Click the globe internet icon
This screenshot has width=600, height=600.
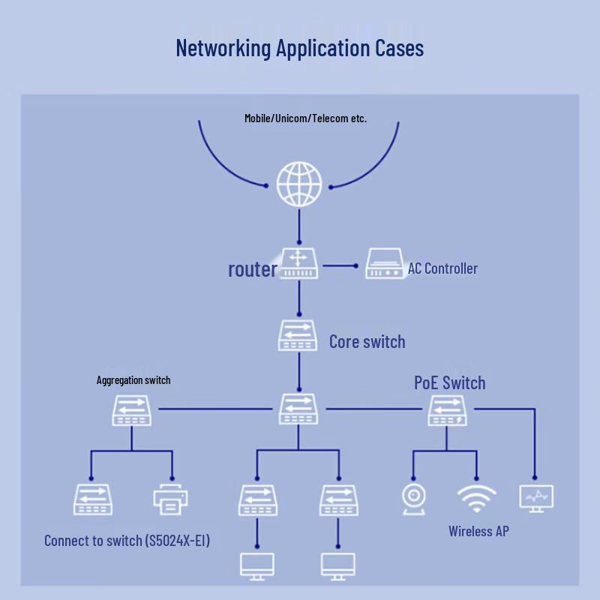point(299,184)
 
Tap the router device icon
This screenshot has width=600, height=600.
point(298,263)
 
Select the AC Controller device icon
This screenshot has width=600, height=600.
point(385,263)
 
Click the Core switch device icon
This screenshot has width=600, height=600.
point(298,335)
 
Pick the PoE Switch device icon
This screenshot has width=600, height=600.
point(447,410)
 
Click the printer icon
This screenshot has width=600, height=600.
point(171,499)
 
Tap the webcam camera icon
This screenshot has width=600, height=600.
point(414,499)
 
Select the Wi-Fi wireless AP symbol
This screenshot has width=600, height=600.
point(476,499)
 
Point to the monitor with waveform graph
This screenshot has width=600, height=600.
point(536,499)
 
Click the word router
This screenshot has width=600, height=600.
point(253,269)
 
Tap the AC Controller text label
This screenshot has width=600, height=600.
point(442,268)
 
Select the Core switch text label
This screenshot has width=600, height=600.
point(367,342)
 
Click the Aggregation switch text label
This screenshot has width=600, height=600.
point(133,380)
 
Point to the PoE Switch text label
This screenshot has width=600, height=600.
point(450,382)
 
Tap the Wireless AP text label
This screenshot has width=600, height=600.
point(478,531)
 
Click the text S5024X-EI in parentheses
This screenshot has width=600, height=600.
point(178,541)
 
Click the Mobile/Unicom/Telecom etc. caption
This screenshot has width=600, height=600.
point(306,118)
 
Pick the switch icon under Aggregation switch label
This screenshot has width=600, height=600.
point(132,410)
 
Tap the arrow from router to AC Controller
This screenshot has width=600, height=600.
point(340,265)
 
